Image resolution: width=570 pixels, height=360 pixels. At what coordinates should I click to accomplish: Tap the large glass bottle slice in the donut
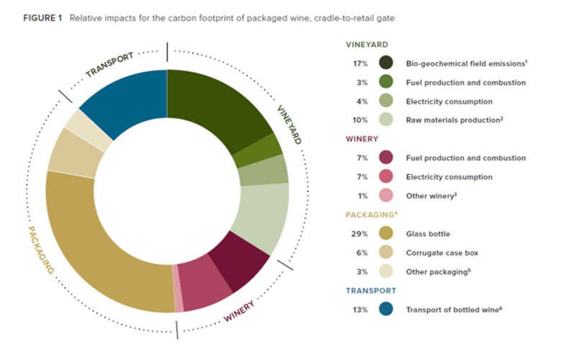pyautogui.click(x=101, y=245)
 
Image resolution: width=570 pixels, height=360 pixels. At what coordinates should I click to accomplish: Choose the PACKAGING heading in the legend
pyautogui.click(x=368, y=214)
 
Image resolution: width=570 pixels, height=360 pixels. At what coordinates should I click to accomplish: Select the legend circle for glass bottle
pyautogui.click(x=386, y=233)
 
